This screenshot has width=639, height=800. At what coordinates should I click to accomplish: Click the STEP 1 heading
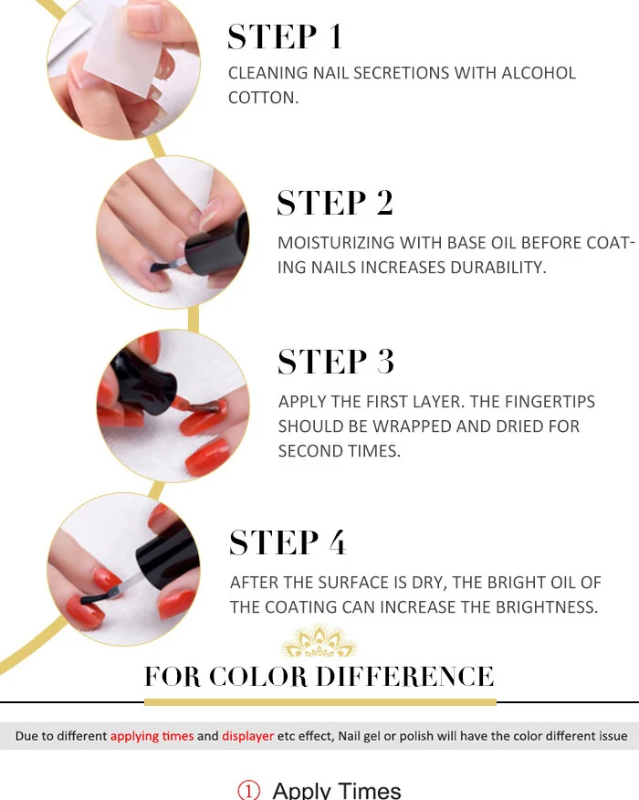(x=285, y=37)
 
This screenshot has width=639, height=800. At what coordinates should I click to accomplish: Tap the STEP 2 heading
(x=335, y=203)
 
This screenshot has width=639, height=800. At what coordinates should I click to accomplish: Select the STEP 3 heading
(x=336, y=362)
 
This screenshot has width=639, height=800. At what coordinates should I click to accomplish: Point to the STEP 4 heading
(x=288, y=542)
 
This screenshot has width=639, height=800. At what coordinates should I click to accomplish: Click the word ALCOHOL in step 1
(x=539, y=73)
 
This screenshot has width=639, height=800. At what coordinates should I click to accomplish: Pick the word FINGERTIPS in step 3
(x=550, y=402)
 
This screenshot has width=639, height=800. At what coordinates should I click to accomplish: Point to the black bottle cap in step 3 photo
(x=144, y=381)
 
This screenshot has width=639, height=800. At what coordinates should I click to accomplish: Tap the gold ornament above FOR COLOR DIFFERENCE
(x=319, y=641)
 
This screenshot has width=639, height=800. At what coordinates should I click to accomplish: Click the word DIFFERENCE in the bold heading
(x=405, y=677)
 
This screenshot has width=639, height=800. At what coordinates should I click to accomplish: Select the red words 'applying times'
(x=152, y=736)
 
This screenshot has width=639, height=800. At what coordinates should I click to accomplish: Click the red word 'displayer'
(x=248, y=736)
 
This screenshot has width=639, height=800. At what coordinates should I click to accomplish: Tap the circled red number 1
(x=249, y=791)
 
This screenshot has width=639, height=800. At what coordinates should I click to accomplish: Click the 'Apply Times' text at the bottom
(x=337, y=791)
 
